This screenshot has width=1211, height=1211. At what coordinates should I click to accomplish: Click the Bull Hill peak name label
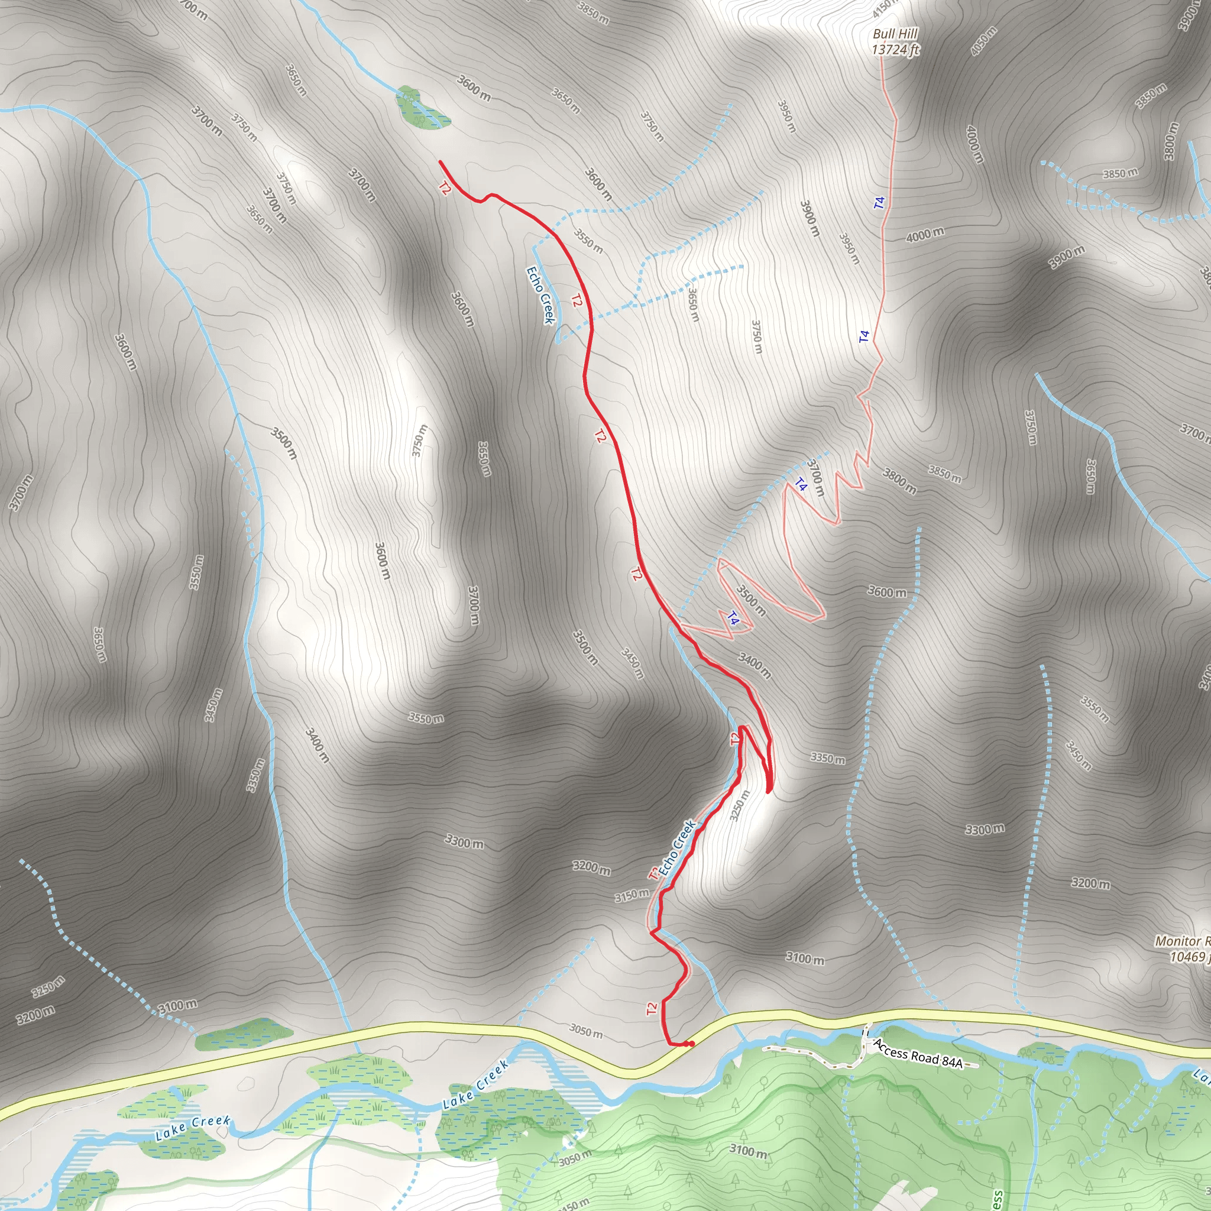(895, 34)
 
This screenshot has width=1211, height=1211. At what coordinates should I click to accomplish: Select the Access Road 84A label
(918, 1054)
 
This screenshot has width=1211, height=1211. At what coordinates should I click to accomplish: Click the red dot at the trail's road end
(690, 1044)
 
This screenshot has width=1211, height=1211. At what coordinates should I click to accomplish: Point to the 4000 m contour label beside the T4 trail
(925, 234)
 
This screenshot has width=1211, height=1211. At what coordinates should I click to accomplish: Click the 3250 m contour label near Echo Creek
(739, 806)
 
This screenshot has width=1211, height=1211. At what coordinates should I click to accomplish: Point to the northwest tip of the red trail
(440, 161)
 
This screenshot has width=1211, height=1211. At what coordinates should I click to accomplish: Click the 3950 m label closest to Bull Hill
(786, 116)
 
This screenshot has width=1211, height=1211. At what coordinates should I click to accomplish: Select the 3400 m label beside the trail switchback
(754, 665)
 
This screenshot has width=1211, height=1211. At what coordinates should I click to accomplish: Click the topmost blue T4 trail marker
(879, 202)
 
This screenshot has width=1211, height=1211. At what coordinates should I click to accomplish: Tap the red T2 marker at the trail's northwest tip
(445, 188)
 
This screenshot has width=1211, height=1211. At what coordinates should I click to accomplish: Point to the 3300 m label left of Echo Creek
(464, 841)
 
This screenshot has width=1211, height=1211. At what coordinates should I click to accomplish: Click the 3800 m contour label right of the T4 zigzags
(899, 481)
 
